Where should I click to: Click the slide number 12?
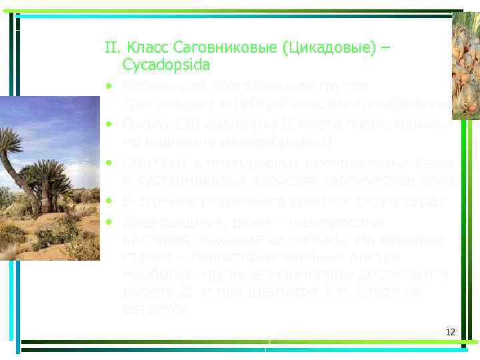(450, 333)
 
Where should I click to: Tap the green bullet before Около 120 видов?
(107, 125)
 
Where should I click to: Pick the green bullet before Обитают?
(107, 163)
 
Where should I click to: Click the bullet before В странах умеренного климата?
(107, 200)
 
